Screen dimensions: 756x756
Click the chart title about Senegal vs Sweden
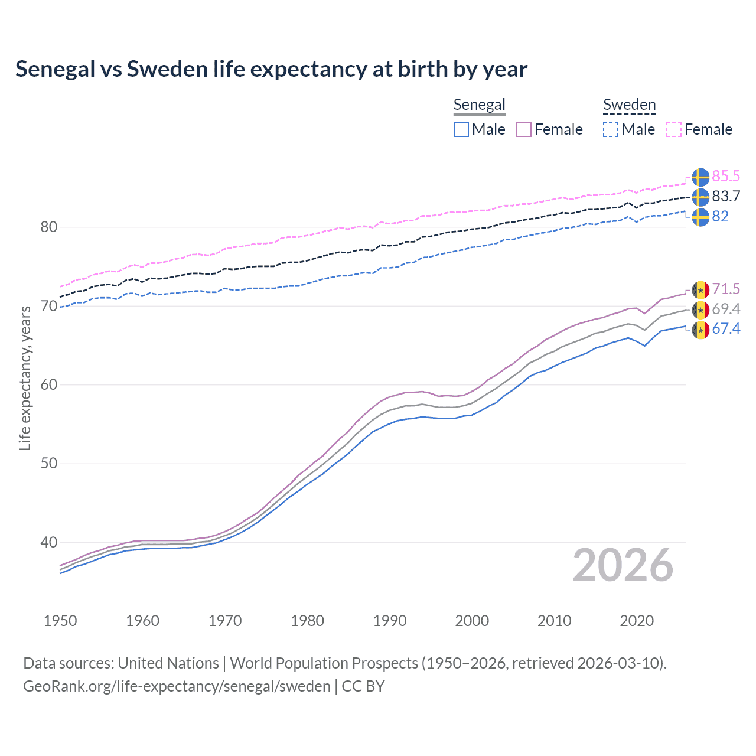coord(271,69)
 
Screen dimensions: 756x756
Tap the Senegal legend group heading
coord(479,105)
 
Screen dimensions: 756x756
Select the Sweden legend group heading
coord(629,105)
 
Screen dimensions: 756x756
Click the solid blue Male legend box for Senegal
coord(461,129)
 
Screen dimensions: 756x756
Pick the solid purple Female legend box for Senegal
coord(524,129)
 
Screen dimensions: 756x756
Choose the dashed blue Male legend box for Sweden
coord(611,129)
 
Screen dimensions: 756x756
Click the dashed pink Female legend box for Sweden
coord(674,129)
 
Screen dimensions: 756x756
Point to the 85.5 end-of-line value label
coord(726,176)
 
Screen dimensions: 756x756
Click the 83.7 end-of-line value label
coord(726,196)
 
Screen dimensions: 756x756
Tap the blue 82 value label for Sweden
coord(720,216)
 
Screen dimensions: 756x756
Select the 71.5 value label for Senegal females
coord(726,289)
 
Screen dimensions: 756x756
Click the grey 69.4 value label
coord(726,309)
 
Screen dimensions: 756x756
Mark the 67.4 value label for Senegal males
coord(726,329)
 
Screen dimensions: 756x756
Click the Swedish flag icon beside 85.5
coord(700,177)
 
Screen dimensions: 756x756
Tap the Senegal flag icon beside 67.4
coord(700,330)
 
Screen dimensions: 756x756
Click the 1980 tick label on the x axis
coord(307,621)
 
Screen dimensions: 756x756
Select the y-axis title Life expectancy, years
coord(25,378)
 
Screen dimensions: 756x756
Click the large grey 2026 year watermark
coord(623,566)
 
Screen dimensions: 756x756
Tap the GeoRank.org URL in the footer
coord(177,686)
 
